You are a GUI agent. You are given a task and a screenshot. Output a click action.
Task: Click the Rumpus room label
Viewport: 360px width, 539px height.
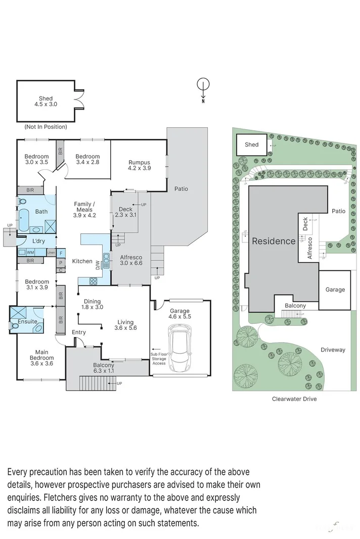tap(139, 165)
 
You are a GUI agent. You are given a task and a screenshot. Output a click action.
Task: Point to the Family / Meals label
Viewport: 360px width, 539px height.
tap(85, 210)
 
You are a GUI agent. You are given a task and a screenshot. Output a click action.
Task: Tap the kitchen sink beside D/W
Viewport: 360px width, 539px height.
tap(106, 261)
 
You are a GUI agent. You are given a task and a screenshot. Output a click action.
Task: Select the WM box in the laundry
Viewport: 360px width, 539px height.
tap(30, 252)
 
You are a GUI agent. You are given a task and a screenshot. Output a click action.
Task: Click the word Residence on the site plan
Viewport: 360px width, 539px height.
tap(274, 241)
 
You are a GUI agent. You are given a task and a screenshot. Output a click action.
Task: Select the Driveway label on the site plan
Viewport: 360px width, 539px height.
tap(333, 350)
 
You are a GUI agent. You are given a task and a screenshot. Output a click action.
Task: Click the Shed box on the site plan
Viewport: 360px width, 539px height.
tap(252, 145)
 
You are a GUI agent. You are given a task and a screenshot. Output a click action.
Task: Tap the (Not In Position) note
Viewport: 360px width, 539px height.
tap(46, 127)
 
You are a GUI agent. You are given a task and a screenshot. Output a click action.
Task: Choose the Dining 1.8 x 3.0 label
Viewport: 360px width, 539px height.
tap(92, 304)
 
